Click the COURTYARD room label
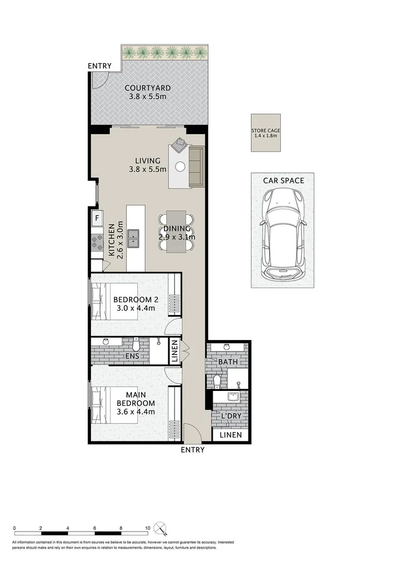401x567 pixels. coord(147,87)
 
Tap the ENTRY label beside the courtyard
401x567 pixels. coord(100,66)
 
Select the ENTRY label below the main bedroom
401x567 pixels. coord(193,450)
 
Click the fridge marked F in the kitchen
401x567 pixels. coord(96,218)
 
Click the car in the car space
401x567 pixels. coord(282,233)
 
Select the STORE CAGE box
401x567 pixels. coord(265,133)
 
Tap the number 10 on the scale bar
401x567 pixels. coord(147,528)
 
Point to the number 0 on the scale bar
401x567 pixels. coord(14,528)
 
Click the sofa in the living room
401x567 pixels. coord(196,166)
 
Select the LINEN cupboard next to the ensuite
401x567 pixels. coord(174,352)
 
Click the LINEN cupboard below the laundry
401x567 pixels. coord(230,435)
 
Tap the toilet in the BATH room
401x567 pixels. coord(217,381)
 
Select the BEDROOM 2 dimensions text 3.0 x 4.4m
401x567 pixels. coord(136,310)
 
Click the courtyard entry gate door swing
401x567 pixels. coord(99,81)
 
